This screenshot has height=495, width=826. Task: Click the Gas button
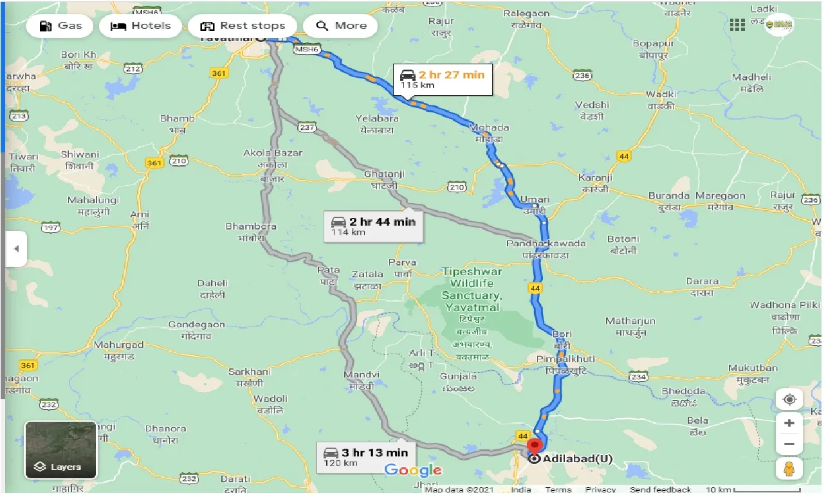point(60,26)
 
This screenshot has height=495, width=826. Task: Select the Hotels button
point(140,26)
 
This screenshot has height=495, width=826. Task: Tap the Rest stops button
point(242,26)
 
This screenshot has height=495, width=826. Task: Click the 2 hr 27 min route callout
point(443,80)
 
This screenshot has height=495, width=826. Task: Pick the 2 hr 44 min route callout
point(373,226)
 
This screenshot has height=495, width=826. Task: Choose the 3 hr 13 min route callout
point(366,457)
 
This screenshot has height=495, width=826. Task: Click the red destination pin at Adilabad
point(533,446)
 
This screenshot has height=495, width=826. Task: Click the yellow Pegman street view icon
point(789,469)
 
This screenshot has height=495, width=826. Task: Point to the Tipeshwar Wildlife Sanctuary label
point(472,289)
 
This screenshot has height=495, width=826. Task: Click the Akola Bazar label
point(273,153)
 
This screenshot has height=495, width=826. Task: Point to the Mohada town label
point(490,127)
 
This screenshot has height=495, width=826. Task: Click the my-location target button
point(789,399)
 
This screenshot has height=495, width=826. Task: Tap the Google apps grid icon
point(738,25)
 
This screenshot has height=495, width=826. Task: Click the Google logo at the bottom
point(413,471)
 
